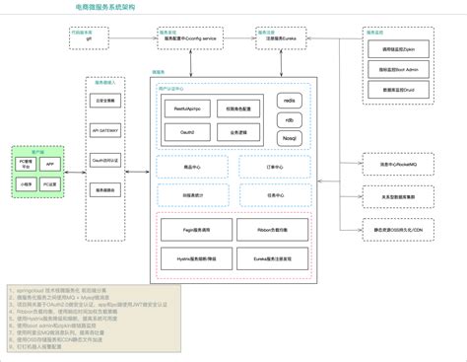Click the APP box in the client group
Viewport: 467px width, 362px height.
point(49,164)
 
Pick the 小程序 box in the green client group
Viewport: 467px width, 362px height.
point(27,182)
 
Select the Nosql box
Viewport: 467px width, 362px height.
point(291,138)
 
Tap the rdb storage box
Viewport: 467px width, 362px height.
point(291,120)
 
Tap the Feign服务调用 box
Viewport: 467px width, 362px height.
point(193,230)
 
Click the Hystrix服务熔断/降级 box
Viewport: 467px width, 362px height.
point(193,259)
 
